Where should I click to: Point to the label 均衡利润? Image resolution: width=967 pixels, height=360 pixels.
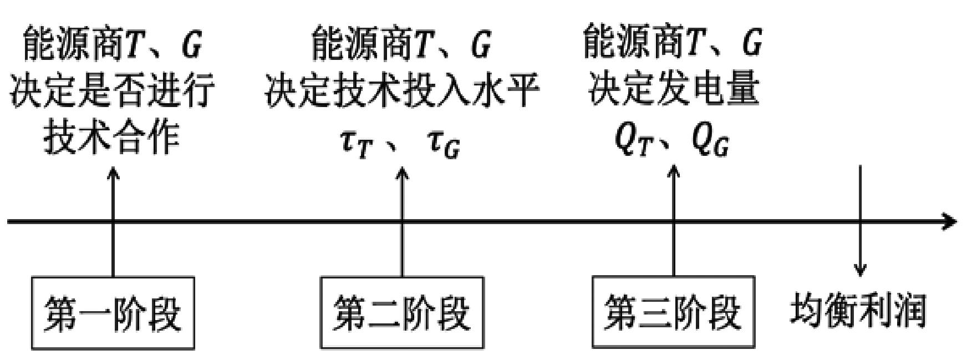tap(858, 311)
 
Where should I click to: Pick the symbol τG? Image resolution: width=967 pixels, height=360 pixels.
tap(444, 144)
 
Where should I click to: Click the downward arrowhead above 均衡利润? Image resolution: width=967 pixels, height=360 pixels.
tap(860, 270)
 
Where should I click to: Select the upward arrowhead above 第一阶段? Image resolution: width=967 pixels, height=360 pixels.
tap(113, 173)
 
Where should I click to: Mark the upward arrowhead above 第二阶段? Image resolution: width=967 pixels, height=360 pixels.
tap(403, 173)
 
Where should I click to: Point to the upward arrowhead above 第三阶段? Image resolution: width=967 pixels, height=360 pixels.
tap(674, 169)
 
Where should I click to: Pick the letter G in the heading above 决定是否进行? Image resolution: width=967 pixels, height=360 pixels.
tap(191, 45)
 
